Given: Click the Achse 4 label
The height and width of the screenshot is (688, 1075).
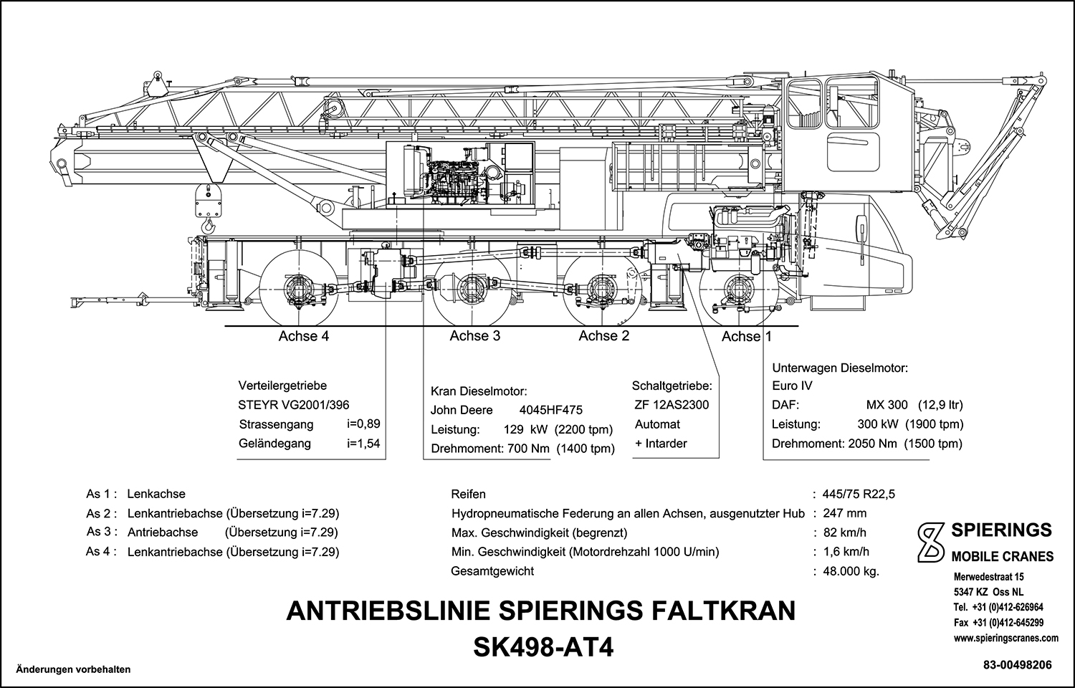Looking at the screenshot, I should coord(303,336).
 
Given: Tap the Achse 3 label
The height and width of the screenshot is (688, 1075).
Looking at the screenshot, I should coord(474,336).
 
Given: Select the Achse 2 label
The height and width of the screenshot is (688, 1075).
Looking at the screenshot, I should coord(603,336).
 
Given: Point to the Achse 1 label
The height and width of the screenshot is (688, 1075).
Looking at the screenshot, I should coord(747,337).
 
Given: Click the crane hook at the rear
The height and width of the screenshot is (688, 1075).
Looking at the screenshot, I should coord(209,226).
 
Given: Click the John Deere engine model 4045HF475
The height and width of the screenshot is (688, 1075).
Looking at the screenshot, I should coord(550,411).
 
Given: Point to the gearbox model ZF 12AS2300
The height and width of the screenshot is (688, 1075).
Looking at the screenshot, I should coord(672,405).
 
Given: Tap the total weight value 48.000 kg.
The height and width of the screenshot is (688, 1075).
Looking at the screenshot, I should coord(851,571).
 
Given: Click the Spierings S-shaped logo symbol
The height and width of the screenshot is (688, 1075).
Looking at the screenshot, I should coord(931,541).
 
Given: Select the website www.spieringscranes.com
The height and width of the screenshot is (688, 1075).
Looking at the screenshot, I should coord(1006,637).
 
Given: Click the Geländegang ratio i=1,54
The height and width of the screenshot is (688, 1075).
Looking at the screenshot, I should coord(363,444).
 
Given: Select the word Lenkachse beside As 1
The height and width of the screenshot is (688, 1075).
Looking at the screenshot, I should coord(156,494).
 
